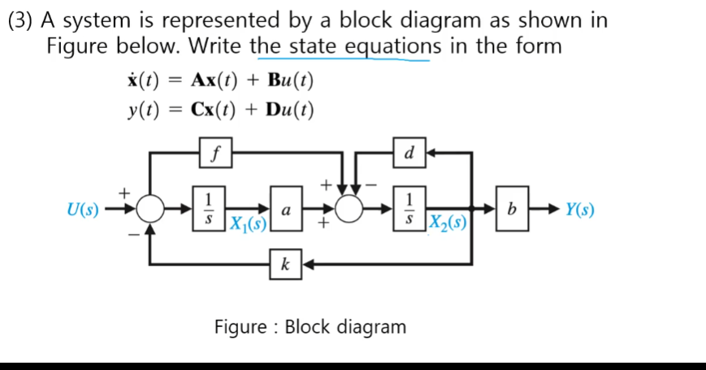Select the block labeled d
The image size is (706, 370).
409,151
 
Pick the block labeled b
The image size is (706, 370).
510,210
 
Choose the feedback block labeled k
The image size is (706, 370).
285,263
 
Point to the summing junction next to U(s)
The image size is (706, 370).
149,210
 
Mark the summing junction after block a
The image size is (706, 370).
351,210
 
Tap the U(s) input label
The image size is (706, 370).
80,211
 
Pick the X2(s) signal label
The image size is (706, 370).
449,222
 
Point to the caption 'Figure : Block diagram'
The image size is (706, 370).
310,327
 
